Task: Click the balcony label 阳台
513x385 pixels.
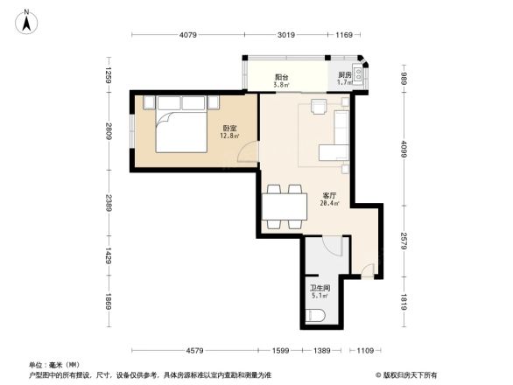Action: click(x=281, y=76)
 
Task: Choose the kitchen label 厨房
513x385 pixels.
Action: click(x=345, y=76)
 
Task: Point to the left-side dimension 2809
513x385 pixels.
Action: click(x=109, y=131)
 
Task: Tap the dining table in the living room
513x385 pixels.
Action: click(x=284, y=206)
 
